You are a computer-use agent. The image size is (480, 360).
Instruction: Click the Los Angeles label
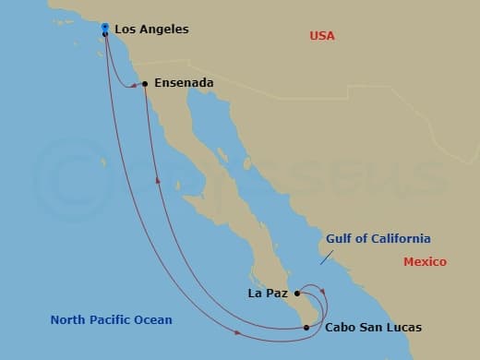point(152,30)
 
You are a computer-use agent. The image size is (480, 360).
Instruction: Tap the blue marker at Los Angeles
point(105,27)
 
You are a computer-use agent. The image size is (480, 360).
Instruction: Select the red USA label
point(322,36)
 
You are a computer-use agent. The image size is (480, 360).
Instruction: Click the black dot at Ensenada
point(145,84)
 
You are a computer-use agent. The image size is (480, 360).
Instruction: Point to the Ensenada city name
point(184,83)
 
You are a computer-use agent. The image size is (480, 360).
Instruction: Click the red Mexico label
point(425,262)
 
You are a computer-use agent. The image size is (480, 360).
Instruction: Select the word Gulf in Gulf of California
point(340,239)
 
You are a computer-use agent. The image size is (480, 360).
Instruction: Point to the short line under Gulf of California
point(327,258)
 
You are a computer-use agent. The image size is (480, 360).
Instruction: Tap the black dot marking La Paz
point(296,294)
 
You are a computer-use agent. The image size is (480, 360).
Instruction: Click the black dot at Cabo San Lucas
point(307,327)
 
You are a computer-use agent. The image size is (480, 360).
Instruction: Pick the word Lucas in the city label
point(404,328)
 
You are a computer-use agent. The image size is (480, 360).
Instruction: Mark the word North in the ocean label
point(68,320)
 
